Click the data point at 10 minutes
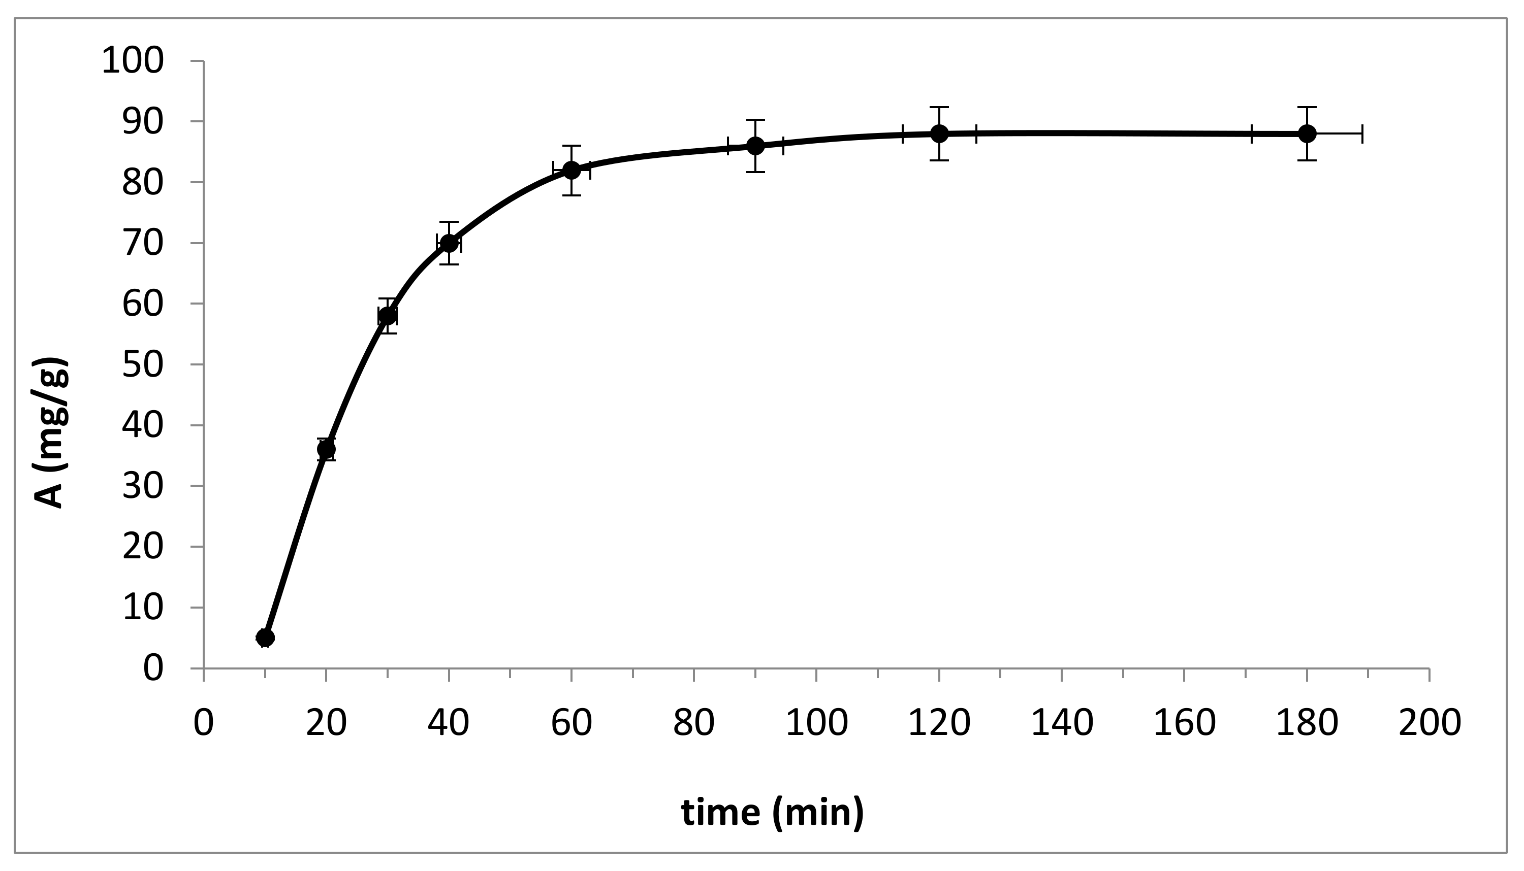point(265,637)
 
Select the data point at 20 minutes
point(326,449)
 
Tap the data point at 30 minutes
point(387,315)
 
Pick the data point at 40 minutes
point(449,243)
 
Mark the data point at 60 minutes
point(571,170)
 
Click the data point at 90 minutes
point(755,145)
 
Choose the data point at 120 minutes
point(939,133)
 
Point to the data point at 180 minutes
point(1307,133)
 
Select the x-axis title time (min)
point(772,812)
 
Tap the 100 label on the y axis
point(132,61)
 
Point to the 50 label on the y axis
point(142,364)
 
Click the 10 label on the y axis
point(142,607)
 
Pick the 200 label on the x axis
point(1430,723)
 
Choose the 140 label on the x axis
point(1062,723)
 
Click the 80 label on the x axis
point(694,723)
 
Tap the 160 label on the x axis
point(1184,723)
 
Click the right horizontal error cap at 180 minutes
point(1362,133)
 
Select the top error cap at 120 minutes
point(939,107)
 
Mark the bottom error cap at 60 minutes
point(571,195)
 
